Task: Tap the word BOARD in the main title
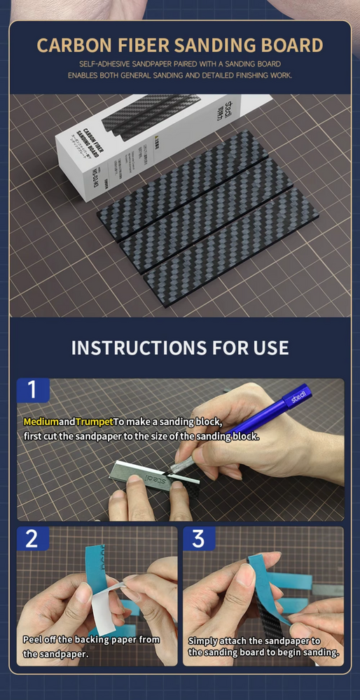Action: pyautogui.click(x=289, y=45)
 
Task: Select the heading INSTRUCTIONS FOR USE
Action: pyautogui.click(x=179, y=347)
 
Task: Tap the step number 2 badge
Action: pyautogui.click(x=32, y=538)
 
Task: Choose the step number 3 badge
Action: pyautogui.click(x=199, y=538)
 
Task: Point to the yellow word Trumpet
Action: pyautogui.click(x=95, y=422)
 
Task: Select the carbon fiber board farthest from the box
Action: pyautogui.click(x=231, y=244)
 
